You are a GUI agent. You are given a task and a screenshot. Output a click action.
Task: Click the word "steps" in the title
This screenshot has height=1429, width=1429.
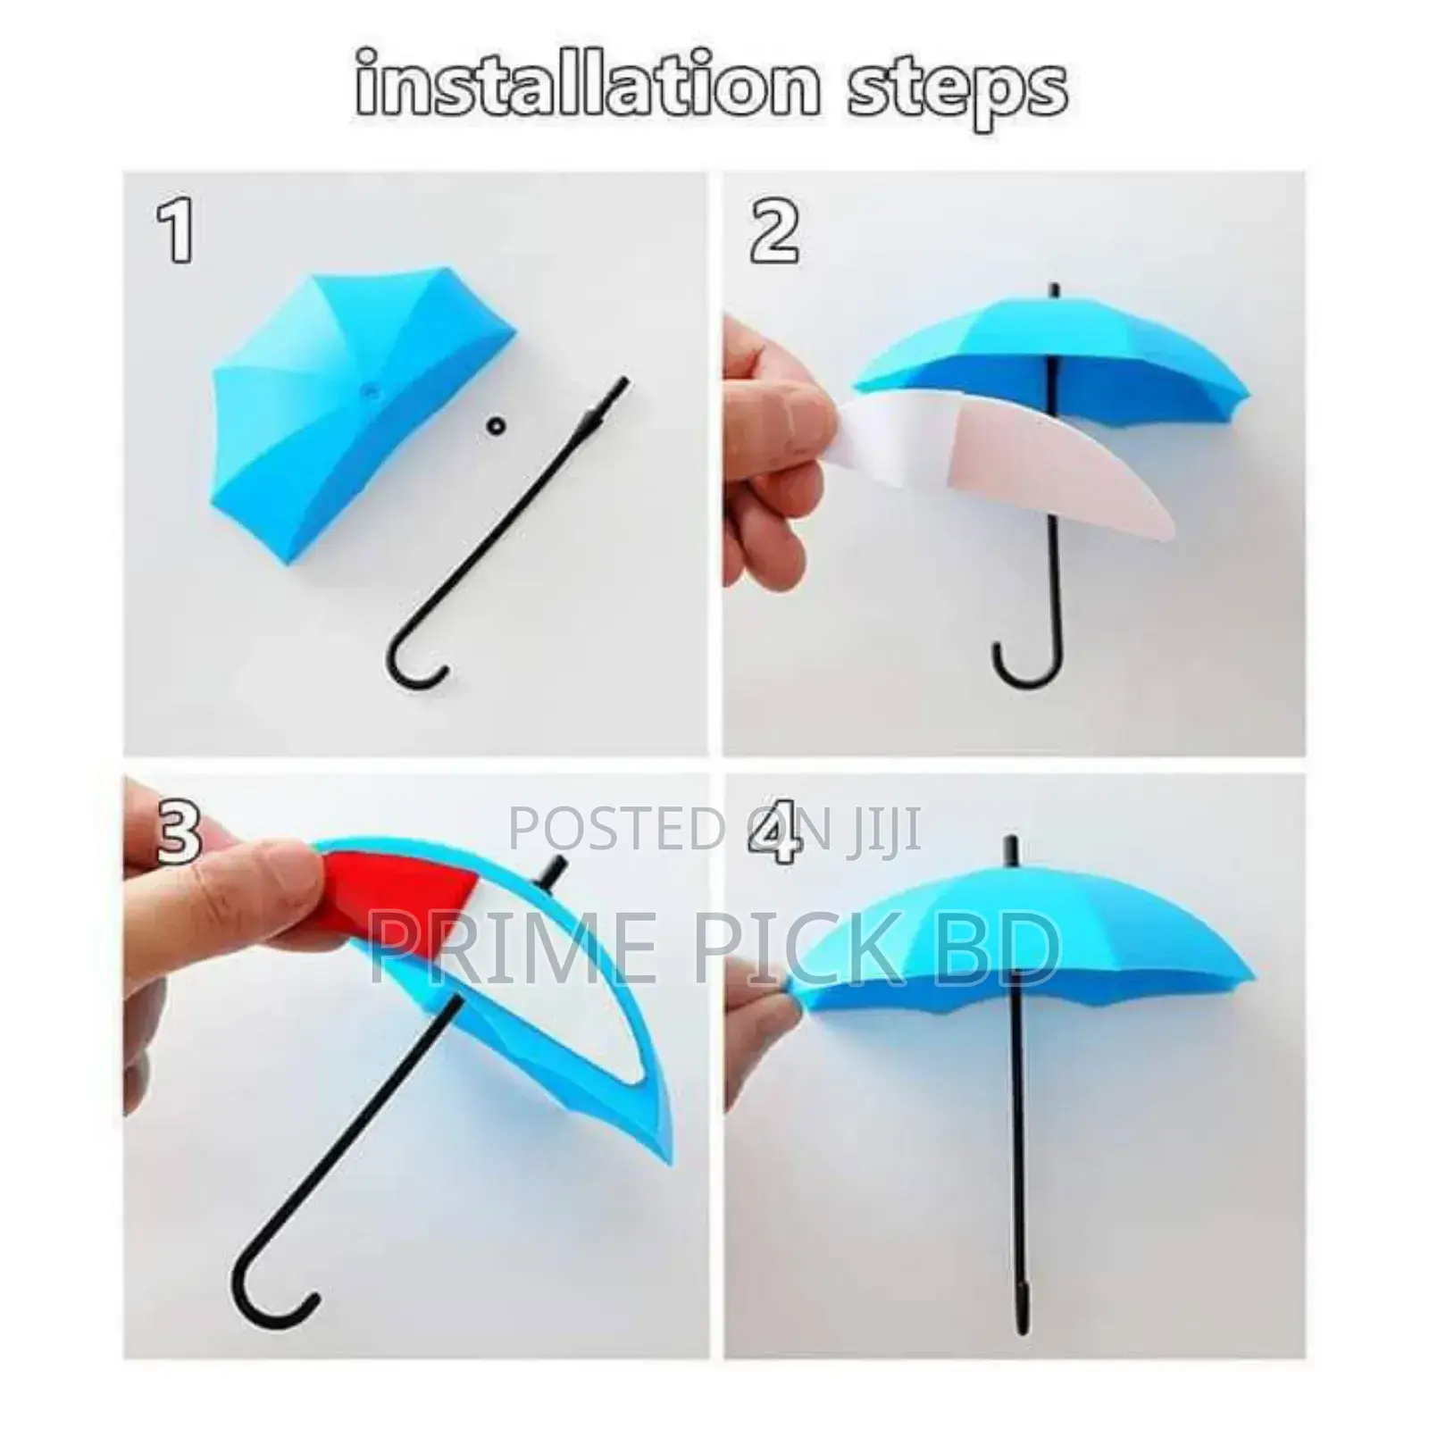(x=957, y=89)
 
